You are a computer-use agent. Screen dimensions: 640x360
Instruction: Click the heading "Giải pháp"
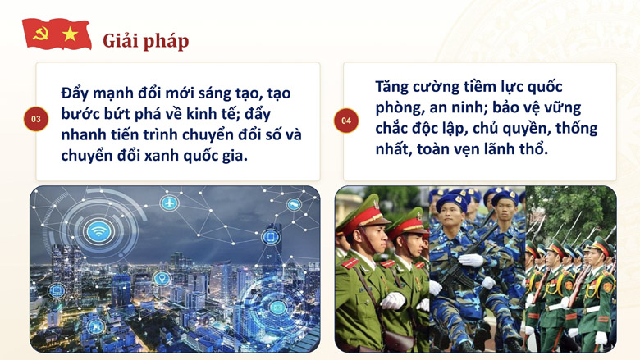(x=146, y=41)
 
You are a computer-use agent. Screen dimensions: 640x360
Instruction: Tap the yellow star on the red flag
(x=71, y=34)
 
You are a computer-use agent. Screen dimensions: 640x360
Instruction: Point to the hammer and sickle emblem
(x=40, y=34)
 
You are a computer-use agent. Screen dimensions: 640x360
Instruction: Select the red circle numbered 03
(x=36, y=119)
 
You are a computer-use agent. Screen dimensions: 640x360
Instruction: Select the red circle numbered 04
(x=346, y=121)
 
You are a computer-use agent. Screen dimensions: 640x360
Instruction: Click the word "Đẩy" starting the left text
(x=75, y=93)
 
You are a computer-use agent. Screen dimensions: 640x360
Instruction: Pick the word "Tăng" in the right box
(x=392, y=87)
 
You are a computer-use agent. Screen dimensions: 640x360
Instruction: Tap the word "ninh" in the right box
(x=470, y=107)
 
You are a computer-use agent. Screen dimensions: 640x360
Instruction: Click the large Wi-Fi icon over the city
(x=98, y=232)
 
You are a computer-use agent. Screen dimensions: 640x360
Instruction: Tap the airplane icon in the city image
(x=169, y=203)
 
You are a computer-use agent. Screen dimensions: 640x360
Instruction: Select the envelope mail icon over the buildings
(x=277, y=307)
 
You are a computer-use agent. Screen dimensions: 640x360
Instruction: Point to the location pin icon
(x=162, y=279)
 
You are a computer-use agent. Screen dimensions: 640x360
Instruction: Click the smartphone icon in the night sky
(x=271, y=237)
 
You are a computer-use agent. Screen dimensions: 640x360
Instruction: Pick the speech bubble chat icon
(x=294, y=204)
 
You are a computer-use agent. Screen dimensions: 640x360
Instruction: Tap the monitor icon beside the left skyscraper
(x=57, y=290)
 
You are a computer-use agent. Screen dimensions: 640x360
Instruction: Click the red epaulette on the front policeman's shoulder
(x=350, y=263)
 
